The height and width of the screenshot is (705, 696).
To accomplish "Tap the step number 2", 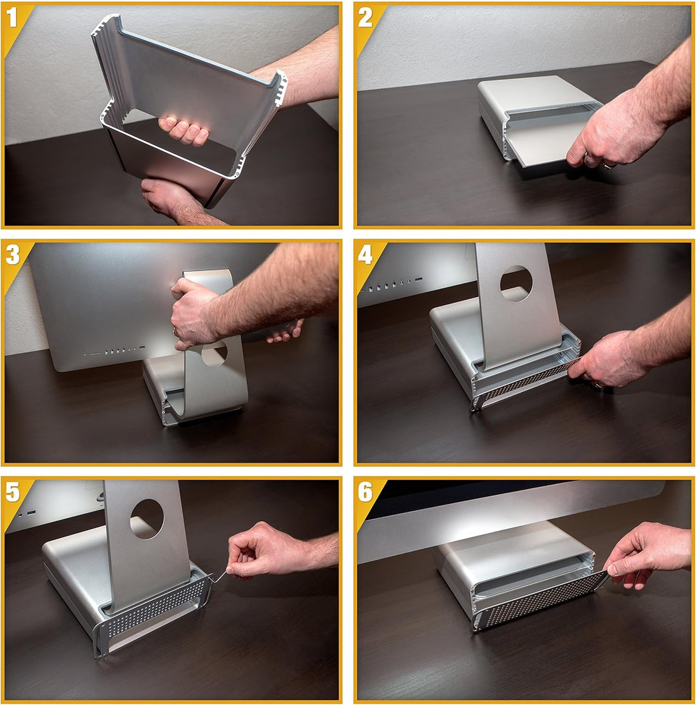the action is [x=365, y=19].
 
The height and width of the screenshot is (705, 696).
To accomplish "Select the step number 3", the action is [x=13, y=255].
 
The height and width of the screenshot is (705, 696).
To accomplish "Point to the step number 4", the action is [x=365, y=255].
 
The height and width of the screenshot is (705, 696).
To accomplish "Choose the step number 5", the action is [x=13, y=492].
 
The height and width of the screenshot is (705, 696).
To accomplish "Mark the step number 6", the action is [x=365, y=492].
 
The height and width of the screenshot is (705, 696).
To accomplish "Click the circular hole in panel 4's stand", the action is [x=516, y=284].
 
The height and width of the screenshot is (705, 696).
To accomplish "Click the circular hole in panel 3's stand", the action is [x=214, y=353].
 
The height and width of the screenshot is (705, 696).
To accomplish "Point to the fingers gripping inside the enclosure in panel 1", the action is [x=184, y=130].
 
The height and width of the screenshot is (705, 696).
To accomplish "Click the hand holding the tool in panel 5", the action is [x=266, y=551].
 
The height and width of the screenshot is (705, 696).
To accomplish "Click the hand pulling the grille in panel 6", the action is [x=648, y=555].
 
